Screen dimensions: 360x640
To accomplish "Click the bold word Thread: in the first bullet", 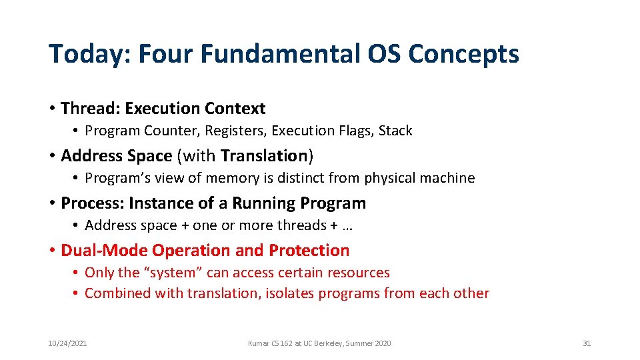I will pyautogui.click(x=90, y=108).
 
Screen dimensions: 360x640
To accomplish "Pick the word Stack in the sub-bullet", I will pyautogui.click(x=395, y=131).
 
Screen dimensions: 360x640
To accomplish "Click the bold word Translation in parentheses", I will pyautogui.click(x=263, y=155).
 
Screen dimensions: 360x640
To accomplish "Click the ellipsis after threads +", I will pyautogui.click(x=347, y=226).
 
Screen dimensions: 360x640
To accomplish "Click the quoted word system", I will pyautogui.click(x=173, y=273).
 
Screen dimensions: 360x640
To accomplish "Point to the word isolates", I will pyautogui.click(x=289, y=293).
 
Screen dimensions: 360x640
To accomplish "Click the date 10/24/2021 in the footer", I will pyautogui.click(x=67, y=343).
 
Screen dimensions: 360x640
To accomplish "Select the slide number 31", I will pyautogui.click(x=587, y=343).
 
